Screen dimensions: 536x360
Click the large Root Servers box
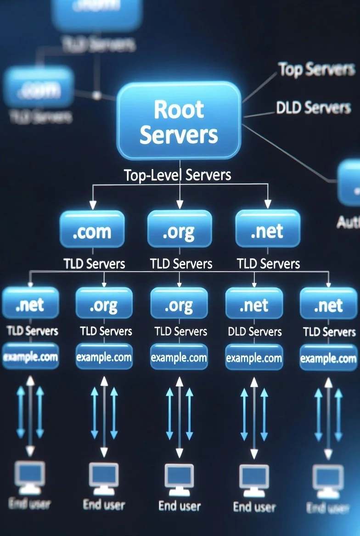[179, 121]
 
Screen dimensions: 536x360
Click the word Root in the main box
[179, 109]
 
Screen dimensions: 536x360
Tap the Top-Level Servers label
[178, 175]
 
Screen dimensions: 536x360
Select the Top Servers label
[316, 69]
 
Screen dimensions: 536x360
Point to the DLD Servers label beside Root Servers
[313, 107]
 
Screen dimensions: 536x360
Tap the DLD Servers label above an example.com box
[254, 332]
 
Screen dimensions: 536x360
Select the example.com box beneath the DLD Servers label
[254, 357]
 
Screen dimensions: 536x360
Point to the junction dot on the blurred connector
[96, 95]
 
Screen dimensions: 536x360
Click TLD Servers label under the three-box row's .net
[268, 263]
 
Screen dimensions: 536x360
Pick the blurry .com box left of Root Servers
[39, 88]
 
